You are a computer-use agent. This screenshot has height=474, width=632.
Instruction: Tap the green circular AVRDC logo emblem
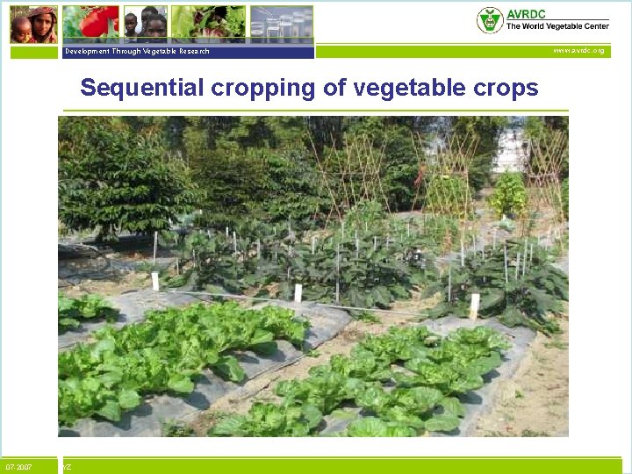[490, 20]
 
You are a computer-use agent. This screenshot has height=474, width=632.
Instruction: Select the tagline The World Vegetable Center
[557, 27]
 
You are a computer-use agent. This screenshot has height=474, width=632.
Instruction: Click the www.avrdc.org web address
[578, 51]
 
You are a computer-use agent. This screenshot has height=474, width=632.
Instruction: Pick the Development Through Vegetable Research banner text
[137, 51]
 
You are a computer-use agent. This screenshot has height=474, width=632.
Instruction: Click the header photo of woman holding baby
[33, 24]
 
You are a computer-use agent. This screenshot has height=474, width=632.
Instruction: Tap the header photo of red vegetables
[91, 23]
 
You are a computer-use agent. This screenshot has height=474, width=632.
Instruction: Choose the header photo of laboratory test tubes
[281, 24]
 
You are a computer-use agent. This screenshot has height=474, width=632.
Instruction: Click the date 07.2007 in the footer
[18, 467]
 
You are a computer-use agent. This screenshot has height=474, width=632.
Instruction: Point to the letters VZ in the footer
[67, 467]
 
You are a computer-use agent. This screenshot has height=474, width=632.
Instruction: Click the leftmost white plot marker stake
[155, 281]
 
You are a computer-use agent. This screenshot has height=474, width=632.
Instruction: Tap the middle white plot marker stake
[298, 292]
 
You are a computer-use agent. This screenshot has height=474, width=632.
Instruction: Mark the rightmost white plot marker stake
[475, 305]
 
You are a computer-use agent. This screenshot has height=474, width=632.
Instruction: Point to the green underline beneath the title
[313, 111]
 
